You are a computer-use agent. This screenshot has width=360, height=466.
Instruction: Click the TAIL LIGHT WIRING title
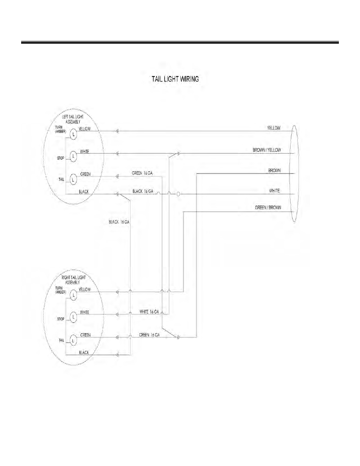point(175,79)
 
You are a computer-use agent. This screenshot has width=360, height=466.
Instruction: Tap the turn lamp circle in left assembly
point(73,134)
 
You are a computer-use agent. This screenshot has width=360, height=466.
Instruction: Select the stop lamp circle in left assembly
point(73,156)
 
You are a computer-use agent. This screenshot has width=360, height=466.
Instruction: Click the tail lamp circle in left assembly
point(73,179)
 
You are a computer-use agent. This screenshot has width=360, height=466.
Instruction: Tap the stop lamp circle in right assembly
point(73,317)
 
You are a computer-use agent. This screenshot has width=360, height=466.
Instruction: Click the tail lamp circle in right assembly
point(73,340)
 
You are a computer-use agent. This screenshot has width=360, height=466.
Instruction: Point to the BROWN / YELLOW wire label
point(267,150)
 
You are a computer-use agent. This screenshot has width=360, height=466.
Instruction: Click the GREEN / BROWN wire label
point(268,208)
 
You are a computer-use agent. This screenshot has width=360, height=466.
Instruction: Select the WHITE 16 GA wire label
point(149,312)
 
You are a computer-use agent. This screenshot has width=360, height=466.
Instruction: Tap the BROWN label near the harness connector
point(274,171)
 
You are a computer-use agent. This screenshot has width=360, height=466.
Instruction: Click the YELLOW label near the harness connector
point(274,128)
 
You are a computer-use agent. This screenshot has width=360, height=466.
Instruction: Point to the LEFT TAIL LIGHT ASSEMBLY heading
point(73,119)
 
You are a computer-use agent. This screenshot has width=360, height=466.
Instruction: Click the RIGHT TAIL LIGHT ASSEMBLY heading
point(74,280)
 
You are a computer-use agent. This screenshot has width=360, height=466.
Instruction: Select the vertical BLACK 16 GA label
point(119,222)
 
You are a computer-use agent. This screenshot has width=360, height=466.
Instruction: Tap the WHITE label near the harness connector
point(274,191)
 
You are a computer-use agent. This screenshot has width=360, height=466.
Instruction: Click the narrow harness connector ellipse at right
point(290,174)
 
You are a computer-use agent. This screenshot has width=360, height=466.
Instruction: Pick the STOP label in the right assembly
point(61,319)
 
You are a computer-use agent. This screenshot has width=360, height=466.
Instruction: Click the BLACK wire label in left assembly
point(84,192)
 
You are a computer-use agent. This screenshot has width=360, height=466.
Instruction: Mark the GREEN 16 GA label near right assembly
point(149,335)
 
